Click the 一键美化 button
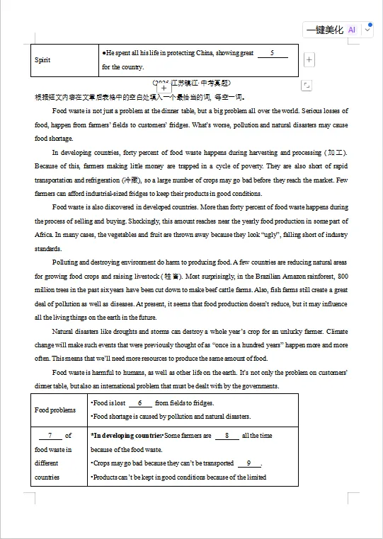point(324,30)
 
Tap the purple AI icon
point(352,30)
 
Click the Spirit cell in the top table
point(42,60)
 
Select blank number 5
point(273,53)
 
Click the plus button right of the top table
point(309,60)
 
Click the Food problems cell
point(55,410)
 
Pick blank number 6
point(140,402)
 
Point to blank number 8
point(227,436)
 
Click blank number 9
point(248,463)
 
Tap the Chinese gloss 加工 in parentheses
point(335,152)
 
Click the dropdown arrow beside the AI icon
point(367,30)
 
